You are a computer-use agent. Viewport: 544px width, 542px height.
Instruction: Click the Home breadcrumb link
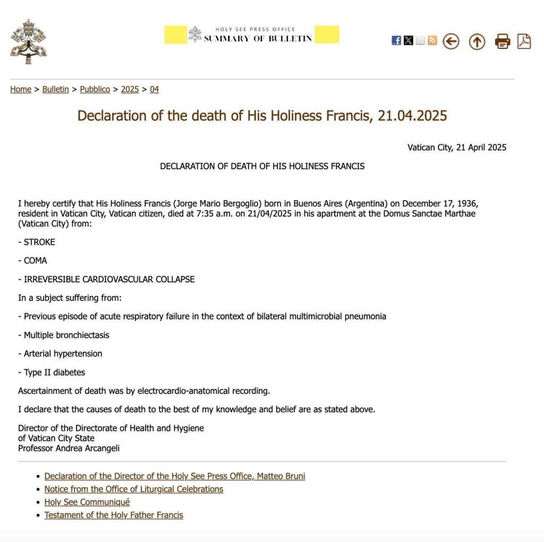(21, 89)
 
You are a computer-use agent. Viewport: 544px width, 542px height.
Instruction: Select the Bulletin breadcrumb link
(55, 89)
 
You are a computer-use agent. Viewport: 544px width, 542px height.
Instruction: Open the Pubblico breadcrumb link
(95, 89)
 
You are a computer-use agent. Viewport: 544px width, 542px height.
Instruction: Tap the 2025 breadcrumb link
(130, 89)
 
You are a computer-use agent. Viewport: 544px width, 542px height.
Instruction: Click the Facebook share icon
(396, 40)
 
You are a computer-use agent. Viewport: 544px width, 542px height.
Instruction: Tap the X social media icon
(409, 40)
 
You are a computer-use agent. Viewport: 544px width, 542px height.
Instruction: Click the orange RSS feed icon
(432, 40)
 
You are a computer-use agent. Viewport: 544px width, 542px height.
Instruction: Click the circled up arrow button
(477, 41)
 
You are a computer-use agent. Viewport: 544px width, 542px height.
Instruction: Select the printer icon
(503, 41)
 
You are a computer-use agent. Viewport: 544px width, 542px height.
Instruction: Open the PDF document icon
(524, 41)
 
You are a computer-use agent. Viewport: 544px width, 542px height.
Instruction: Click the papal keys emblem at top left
(28, 41)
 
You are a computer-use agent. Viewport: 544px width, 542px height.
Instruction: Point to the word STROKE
(39, 242)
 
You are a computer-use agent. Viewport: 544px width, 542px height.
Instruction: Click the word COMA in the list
(35, 261)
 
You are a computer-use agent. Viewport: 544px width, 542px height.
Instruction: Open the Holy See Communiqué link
(87, 502)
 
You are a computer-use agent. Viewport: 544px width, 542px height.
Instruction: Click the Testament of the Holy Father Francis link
(114, 515)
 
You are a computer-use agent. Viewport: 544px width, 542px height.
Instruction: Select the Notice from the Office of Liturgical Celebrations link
(133, 489)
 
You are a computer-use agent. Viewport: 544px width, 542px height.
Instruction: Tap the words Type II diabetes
(54, 372)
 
